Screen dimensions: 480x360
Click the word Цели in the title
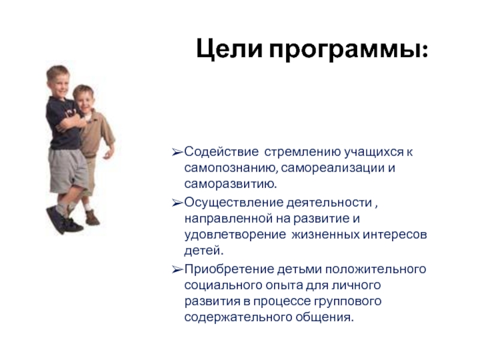(x=229, y=49)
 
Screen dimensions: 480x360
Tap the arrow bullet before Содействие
(x=177, y=152)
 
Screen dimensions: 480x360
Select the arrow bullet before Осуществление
(x=177, y=203)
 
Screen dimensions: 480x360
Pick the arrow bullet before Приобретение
(x=177, y=269)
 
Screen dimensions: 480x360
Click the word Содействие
(x=221, y=152)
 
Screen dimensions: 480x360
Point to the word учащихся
(x=374, y=152)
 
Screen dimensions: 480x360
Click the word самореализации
(x=332, y=168)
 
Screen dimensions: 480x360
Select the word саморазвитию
(x=230, y=184)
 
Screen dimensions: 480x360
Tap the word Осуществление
(x=234, y=203)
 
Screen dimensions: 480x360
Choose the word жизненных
(x=325, y=235)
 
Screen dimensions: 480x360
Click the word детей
(x=203, y=251)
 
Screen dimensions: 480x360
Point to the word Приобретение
(x=230, y=269)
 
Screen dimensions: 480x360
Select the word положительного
(x=376, y=269)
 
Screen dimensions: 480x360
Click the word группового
(x=348, y=302)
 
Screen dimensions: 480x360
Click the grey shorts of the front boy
(x=68, y=170)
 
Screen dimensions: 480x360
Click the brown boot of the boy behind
(x=92, y=218)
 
